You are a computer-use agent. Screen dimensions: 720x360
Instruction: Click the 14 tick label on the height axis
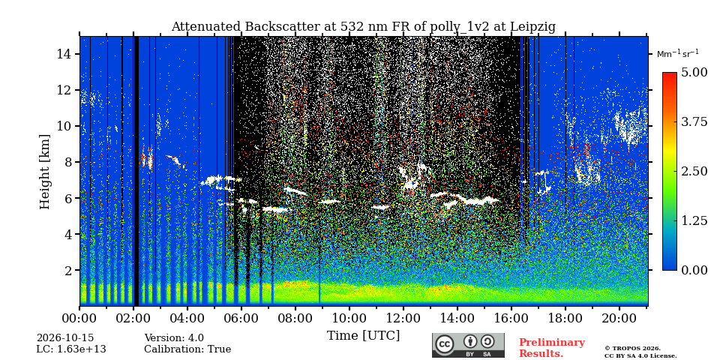(63, 54)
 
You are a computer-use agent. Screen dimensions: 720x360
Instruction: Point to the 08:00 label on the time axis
(295, 318)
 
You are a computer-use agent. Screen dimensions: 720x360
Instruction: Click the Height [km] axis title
(44, 172)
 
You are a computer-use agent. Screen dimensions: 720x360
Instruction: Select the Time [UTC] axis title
(363, 336)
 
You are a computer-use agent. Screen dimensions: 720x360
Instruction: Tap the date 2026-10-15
(65, 338)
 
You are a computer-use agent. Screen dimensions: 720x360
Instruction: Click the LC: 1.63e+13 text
(71, 349)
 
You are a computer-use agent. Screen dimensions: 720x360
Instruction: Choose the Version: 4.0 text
(174, 338)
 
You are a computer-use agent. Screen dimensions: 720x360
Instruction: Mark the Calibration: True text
(187, 349)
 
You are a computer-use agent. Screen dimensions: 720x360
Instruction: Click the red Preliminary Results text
(552, 348)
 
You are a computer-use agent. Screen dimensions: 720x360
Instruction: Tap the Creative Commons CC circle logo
(445, 345)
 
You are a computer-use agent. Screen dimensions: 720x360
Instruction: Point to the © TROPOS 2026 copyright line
(632, 349)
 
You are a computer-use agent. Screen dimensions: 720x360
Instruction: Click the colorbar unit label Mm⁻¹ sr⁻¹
(678, 53)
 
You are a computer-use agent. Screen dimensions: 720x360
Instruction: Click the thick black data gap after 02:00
(136, 171)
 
